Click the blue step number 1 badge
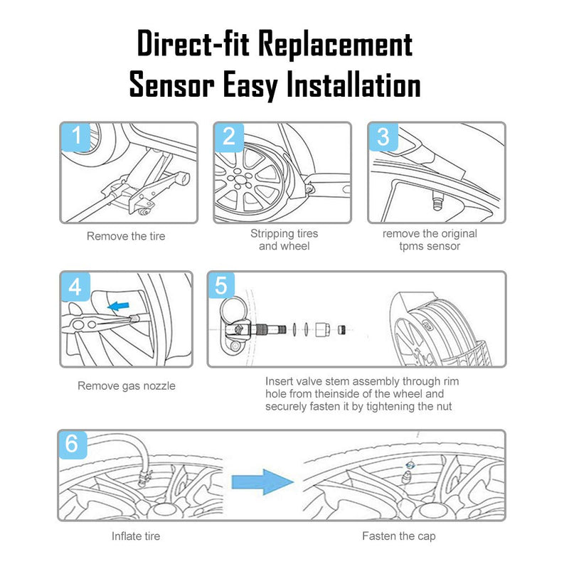click(x=76, y=137)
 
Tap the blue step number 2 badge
click(x=229, y=137)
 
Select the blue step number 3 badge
click(x=383, y=137)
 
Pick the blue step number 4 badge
click(x=75, y=287)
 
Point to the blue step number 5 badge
click(x=221, y=285)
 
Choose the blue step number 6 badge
click(x=73, y=444)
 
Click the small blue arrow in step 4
click(x=118, y=307)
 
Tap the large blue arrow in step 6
click(x=262, y=482)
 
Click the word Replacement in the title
click(x=335, y=45)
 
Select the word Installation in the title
click(x=353, y=85)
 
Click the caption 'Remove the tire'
click(x=126, y=236)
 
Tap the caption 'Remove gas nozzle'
click(x=127, y=385)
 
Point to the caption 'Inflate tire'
click(x=136, y=536)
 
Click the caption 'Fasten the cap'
click(x=399, y=536)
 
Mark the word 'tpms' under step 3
click(x=413, y=246)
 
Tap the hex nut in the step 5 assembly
click(x=322, y=329)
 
